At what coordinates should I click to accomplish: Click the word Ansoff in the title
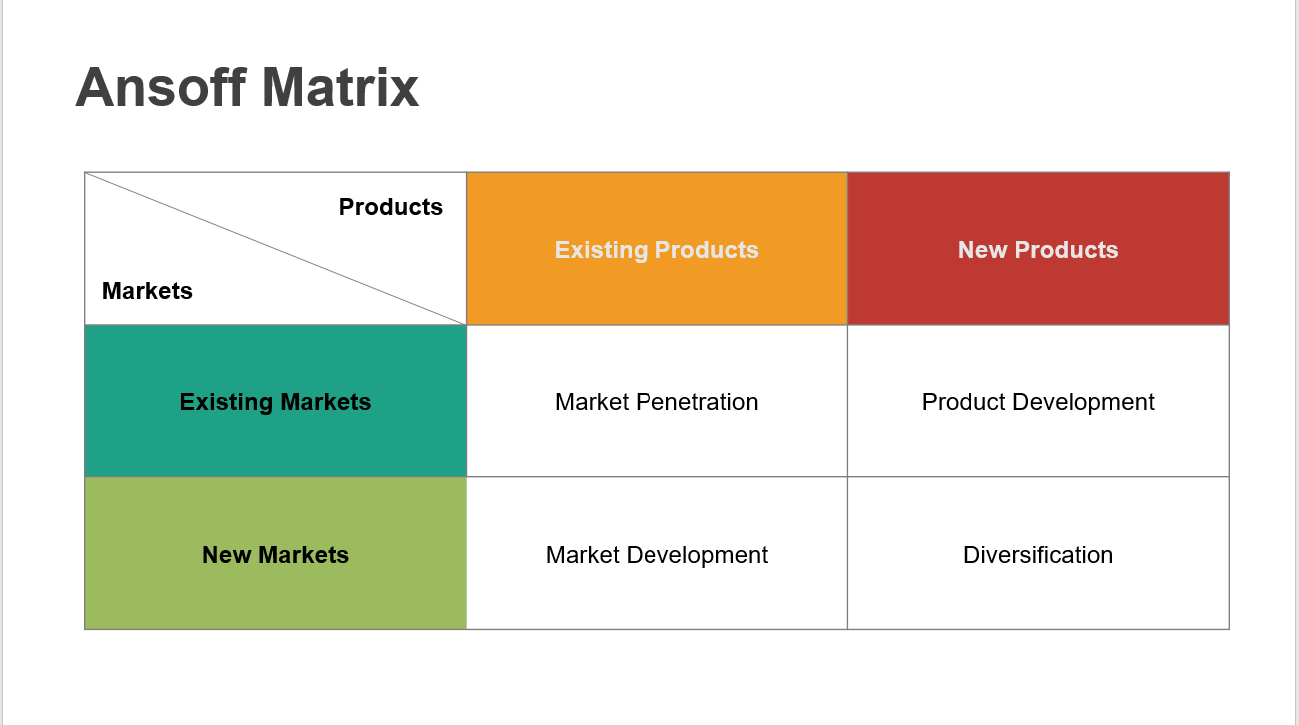tap(161, 87)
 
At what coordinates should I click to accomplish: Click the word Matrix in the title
tap(340, 87)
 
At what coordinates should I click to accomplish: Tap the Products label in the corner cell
tap(391, 207)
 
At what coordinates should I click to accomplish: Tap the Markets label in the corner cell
tap(147, 291)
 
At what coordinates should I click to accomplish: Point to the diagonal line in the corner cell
tap(276, 248)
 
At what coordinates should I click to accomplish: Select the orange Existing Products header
tap(657, 248)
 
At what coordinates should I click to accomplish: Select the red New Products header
tap(1038, 248)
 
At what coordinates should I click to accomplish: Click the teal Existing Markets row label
tap(276, 401)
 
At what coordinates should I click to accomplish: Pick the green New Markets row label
tap(276, 553)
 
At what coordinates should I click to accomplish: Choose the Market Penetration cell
tap(657, 401)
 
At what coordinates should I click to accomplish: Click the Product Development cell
tap(1038, 401)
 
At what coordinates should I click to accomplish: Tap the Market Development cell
tap(657, 553)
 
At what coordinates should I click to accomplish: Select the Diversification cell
tap(1038, 553)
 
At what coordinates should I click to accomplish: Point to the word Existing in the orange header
tap(601, 250)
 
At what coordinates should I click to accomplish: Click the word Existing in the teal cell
tap(226, 402)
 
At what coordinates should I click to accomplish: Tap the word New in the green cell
tap(226, 555)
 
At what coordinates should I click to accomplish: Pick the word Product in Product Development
tap(964, 402)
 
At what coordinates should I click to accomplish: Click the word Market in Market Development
tap(583, 555)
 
